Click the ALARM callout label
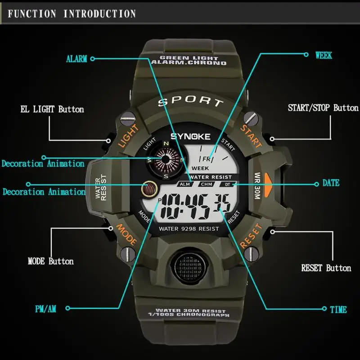click(x=76, y=59)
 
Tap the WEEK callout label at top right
click(x=324, y=55)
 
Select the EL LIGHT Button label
click(x=52, y=109)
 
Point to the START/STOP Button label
click(x=323, y=108)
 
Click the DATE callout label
click(x=331, y=184)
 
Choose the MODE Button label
click(x=50, y=261)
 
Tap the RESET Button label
click(x=326, y=268)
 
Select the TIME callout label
click(x=338, y=310)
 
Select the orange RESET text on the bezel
click(x=251, y=236)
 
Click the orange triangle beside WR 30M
click(x=269, y=180)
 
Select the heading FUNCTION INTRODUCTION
click(x=72, y=13)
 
